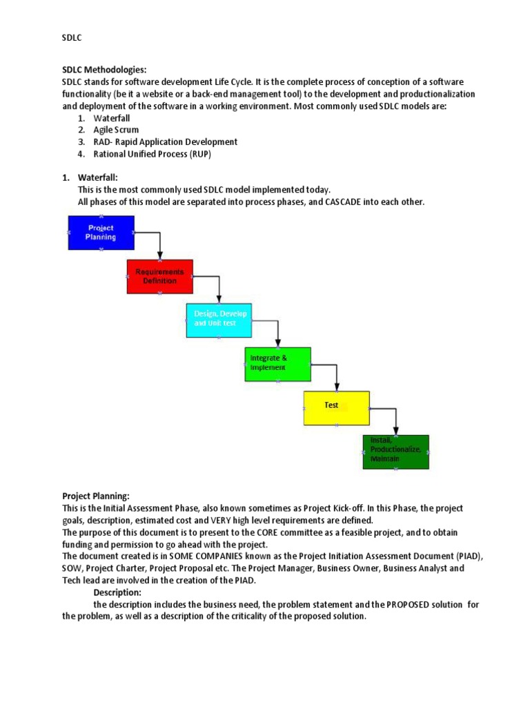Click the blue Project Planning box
tap(101, 232)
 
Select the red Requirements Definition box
tap(159, 276)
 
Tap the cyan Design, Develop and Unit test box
tap(219, 320)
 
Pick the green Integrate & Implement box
tap(277, 364)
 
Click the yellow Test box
tap(336, 407)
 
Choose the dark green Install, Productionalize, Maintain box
tap(395, 452)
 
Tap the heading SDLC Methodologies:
tap(104, 70)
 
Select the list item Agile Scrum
tap(116, 130)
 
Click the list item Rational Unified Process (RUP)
tap(152, 154)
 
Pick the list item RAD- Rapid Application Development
tap(165, 142)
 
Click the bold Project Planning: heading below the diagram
tap(96, 496)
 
